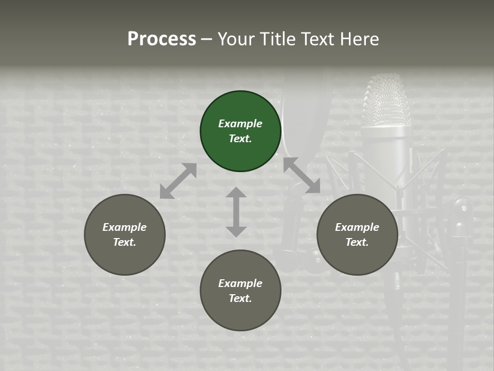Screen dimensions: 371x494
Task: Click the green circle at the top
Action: point(240,131)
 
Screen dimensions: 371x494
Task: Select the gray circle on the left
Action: point(125,234)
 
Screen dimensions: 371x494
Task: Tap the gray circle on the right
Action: point(357,234)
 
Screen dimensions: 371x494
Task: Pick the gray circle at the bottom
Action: point(240,291)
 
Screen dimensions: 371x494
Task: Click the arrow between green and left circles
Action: point(178,181)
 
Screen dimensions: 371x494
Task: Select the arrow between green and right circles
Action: point(302,175)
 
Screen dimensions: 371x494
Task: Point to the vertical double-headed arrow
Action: point(236,212)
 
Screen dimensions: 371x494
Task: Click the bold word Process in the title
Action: point(162,39)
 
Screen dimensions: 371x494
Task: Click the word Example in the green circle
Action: point(240,124)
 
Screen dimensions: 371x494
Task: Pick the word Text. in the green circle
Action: point(240,139)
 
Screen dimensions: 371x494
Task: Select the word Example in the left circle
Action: point(125,227)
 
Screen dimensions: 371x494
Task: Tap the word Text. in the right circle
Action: point(357,242)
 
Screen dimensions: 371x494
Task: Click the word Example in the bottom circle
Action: point(240,283)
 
